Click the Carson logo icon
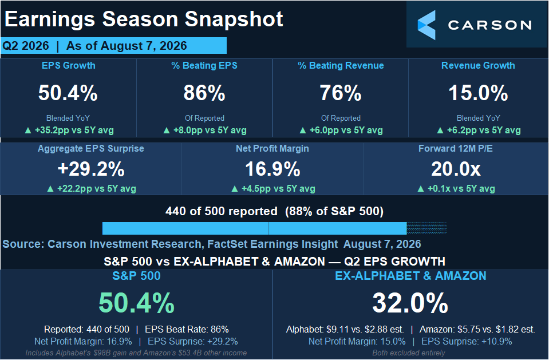pos(426,25)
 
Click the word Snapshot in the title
pos(234,19)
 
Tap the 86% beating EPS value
pos(204,93)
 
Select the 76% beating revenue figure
pos(341,93)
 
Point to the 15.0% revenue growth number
pos(478,93)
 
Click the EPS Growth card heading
pos(68,65)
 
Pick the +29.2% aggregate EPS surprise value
pos(91,169)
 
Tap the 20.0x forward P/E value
pos(456,169)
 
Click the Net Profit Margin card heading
pos(272,148)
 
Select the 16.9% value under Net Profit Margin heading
pos(272,169)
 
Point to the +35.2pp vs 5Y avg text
pos(74,130)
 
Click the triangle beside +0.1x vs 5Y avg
pos(421,189)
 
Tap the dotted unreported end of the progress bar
pos(426,228)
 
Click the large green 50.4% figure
pos(137,303)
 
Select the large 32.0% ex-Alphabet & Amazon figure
pos(410,303)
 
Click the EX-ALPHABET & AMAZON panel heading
pos(410,276)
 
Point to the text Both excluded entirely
pos(409,353)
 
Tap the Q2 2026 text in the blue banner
pos(26,46)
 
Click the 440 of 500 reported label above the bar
pos(222,211)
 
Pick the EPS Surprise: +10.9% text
pos(467,341)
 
